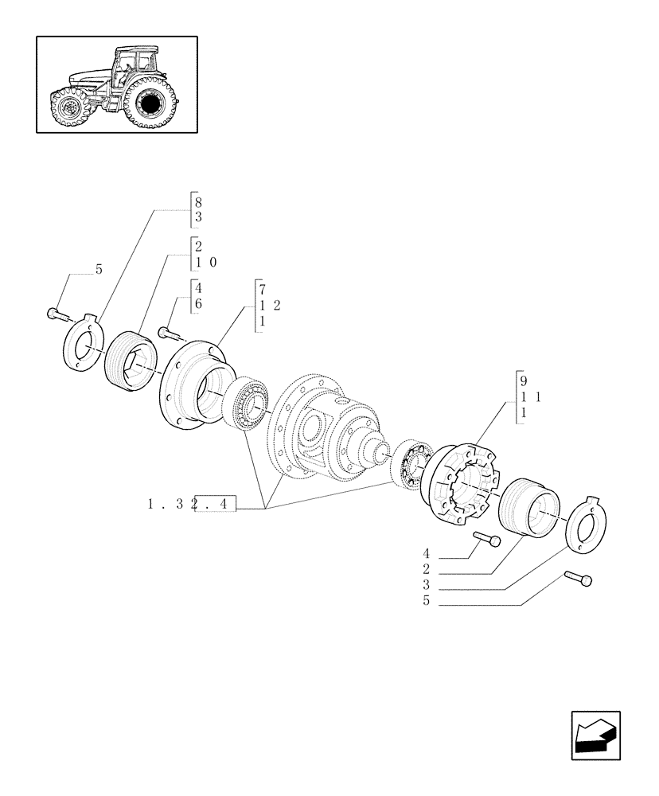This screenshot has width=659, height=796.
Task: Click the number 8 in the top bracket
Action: coord(197,202)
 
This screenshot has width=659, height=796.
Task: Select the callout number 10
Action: coord(205,262)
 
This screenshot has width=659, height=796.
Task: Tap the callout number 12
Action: coord(270,306)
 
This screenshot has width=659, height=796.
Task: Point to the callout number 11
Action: coord(532,396)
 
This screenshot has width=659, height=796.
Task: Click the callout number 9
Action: coord(523,380)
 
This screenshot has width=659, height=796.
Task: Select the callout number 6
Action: coord(197,304)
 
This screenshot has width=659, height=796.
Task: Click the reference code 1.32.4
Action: coord(192,504)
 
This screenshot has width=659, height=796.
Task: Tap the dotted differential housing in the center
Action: coord(322,426)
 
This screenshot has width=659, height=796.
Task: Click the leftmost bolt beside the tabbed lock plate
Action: coord(53,314)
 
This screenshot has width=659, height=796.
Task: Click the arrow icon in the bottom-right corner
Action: coord(595,736)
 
